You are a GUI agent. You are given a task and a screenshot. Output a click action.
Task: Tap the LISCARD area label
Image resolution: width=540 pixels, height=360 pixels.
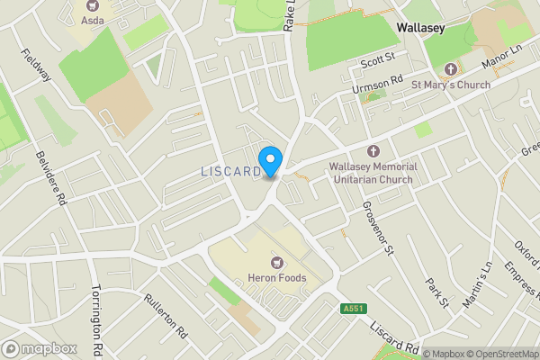[229, 171]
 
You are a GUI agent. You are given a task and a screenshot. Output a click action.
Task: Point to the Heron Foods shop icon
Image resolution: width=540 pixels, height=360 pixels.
[276, 263]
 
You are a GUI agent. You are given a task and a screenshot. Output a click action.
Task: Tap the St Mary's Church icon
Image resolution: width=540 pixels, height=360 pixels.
[451, 69]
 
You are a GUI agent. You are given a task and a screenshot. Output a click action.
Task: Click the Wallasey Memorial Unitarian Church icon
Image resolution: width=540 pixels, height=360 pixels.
[374, 151]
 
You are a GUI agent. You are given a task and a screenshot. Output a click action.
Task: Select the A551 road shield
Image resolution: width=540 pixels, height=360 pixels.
[353, 309]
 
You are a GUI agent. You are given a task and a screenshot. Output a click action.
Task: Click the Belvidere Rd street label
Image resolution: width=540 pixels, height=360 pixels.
[39, 177]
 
